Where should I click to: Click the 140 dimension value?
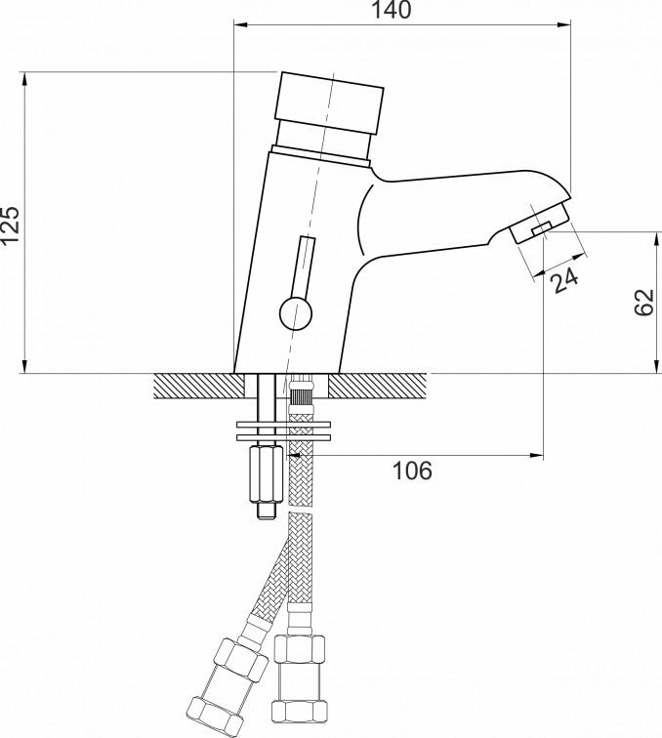tap(391, 11)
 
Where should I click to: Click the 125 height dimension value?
tap(10, 225)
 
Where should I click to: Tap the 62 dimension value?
tap(644, 303)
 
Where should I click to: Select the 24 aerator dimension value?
tap(564, 280)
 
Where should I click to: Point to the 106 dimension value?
tap(412, 471)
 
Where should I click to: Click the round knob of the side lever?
tap(296, 313)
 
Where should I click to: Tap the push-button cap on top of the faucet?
tap(330, 103)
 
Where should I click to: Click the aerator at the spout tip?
tap(540, 222)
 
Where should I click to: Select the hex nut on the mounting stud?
tap(265, 474)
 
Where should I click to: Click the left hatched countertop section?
tap(199, 386)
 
